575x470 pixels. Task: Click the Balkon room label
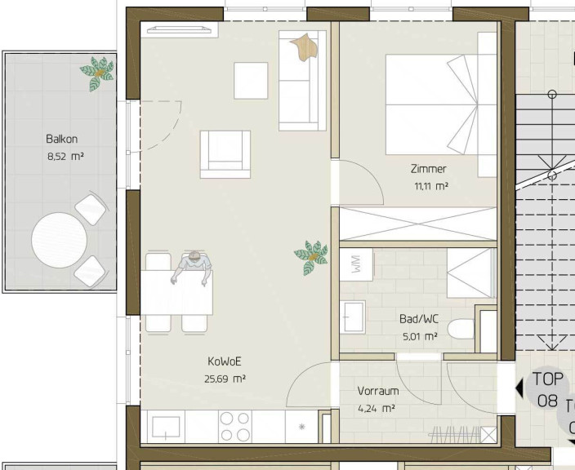click(61, 139)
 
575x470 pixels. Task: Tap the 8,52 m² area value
click(65, 157)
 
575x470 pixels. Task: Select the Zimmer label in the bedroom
click(428, 169)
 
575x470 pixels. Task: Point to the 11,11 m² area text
click(431, 186)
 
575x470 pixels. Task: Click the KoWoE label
click(225, 361)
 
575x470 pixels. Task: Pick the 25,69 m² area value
click(225, 379)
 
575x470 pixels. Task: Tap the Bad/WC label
click(419, 319)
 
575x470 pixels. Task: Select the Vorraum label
click(378, 391)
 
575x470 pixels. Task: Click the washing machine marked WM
click(356, 264)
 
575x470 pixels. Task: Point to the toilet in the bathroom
click(461, 329)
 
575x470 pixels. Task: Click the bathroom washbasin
click(352, 317)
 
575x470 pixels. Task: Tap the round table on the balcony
click(59, 241)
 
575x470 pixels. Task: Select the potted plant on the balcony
click(97, 73)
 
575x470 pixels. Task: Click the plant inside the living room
click(311, 258)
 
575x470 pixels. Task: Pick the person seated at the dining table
click(192, 268)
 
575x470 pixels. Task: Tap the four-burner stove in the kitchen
click(235, 427)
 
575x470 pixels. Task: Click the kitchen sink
click(166, 427)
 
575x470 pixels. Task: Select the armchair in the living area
click(225, 154)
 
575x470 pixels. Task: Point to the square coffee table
click(251, 81)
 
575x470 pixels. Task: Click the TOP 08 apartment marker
click(547, 389)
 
